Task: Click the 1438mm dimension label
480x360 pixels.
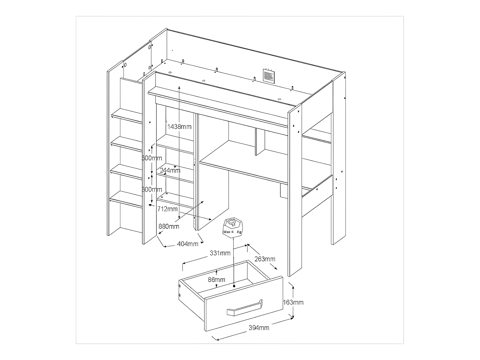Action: (x=179, y=127)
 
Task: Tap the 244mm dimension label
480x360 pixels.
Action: (x=170, y=170)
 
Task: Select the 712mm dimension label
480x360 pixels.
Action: (x=167, y=209)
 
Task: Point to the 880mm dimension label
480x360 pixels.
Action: (x=169, y=226)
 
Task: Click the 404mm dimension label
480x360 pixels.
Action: (x=187, y=244)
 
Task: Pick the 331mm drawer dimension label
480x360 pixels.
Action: (x=220, y=253)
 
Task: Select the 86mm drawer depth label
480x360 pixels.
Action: (x=217, y=279)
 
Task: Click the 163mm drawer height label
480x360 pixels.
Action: (x=293, y=302)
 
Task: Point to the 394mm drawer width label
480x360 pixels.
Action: (x=259, y=328)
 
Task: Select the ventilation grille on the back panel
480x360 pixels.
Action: (x=269, y=76)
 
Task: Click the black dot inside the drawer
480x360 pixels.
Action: (x=234, y=286)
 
